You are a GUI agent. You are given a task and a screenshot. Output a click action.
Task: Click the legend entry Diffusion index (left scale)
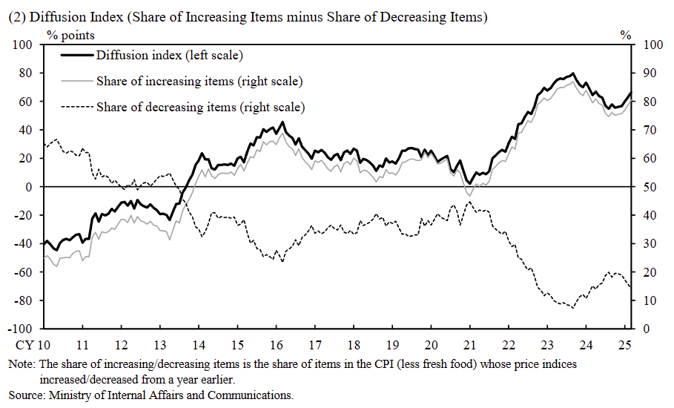click(x=169, y=55)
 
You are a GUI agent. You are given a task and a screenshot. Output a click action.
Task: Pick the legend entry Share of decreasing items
click(x=200, y=107)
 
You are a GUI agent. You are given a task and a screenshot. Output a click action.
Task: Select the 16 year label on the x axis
click(x=275, y=345)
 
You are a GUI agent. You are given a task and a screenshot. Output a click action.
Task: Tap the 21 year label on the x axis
click(x=469, y=345)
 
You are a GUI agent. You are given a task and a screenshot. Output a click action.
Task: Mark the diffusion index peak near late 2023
click(x=572, y=73)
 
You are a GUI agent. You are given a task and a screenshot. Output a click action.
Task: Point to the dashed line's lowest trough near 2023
click(x=572, y=307)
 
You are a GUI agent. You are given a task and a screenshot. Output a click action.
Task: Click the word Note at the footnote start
click(x=21, y=365)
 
